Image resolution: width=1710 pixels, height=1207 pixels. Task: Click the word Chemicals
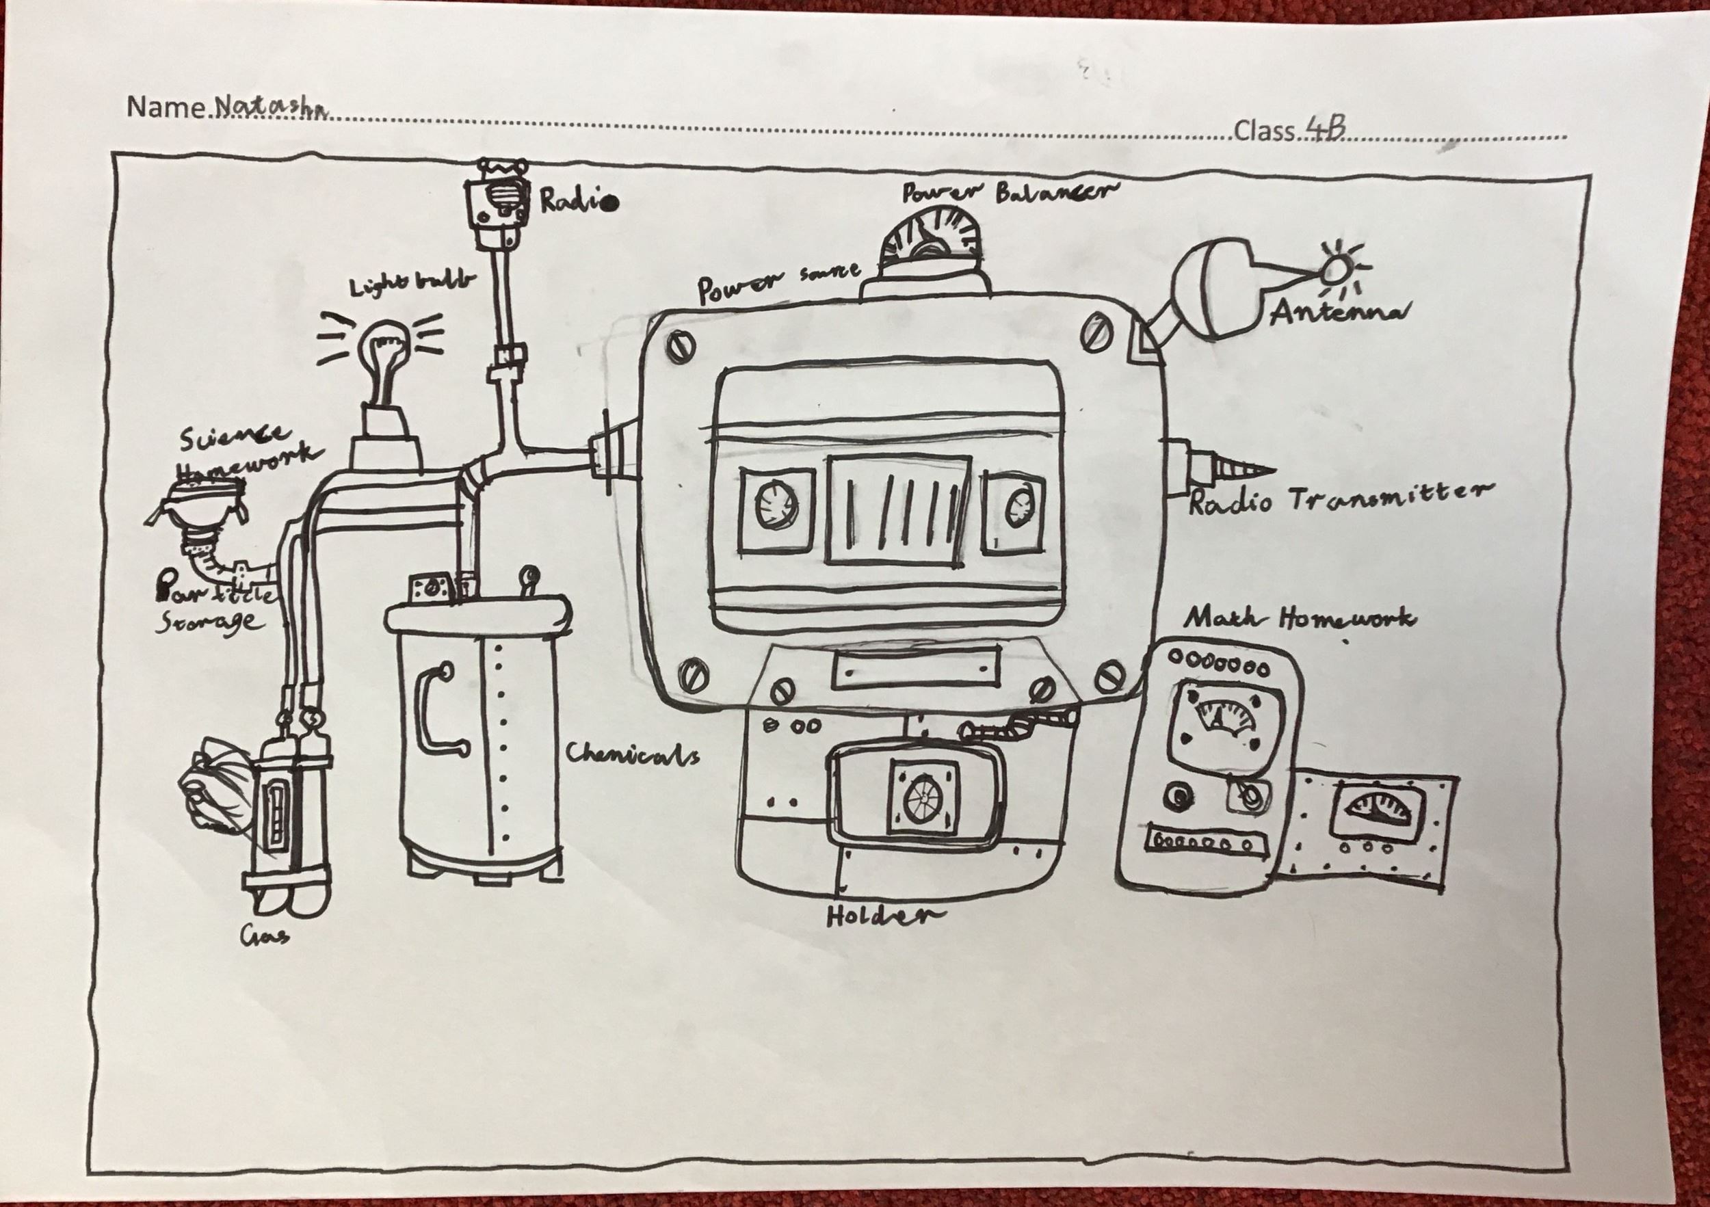click(632, 754)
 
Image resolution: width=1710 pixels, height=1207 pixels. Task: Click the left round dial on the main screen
click(772, 509)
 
